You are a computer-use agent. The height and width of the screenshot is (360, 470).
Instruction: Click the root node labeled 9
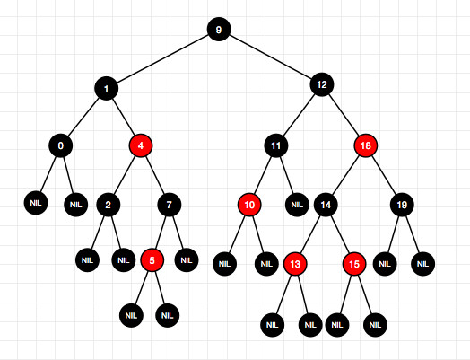[219, 30]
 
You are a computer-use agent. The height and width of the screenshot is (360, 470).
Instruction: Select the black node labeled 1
[107, 89]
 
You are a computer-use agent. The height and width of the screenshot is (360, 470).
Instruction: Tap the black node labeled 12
[322, 84]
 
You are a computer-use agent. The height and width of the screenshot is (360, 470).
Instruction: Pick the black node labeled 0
[61, 145]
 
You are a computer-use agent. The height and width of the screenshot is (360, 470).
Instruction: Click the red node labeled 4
[141, 145]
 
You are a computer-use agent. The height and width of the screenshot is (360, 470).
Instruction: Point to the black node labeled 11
[276, 145]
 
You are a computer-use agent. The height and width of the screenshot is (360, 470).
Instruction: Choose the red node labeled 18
[365, 145]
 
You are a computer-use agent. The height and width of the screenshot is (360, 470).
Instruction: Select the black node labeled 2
[109, 205]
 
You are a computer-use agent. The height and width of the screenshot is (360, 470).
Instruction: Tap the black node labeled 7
[170, 205]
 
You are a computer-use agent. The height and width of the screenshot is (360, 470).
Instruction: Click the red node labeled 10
[249, 205]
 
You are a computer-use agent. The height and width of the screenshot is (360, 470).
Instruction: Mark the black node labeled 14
[326, 205]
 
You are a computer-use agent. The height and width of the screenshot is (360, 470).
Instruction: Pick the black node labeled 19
[402, 205]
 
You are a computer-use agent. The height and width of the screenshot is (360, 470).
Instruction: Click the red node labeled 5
[152, 260]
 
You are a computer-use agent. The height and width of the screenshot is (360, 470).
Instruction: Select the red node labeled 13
[295, 264]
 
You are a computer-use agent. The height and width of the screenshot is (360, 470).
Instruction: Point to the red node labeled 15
[354, 264]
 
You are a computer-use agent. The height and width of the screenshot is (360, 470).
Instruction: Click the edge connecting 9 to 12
[270, 57]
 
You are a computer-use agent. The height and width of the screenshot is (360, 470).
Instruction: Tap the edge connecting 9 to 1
[162, 59]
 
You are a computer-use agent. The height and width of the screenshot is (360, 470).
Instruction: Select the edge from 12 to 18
[344, 115]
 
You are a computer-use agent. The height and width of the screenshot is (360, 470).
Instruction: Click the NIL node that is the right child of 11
[297, 205]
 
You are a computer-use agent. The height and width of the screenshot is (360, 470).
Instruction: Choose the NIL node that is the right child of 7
[187, 260]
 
